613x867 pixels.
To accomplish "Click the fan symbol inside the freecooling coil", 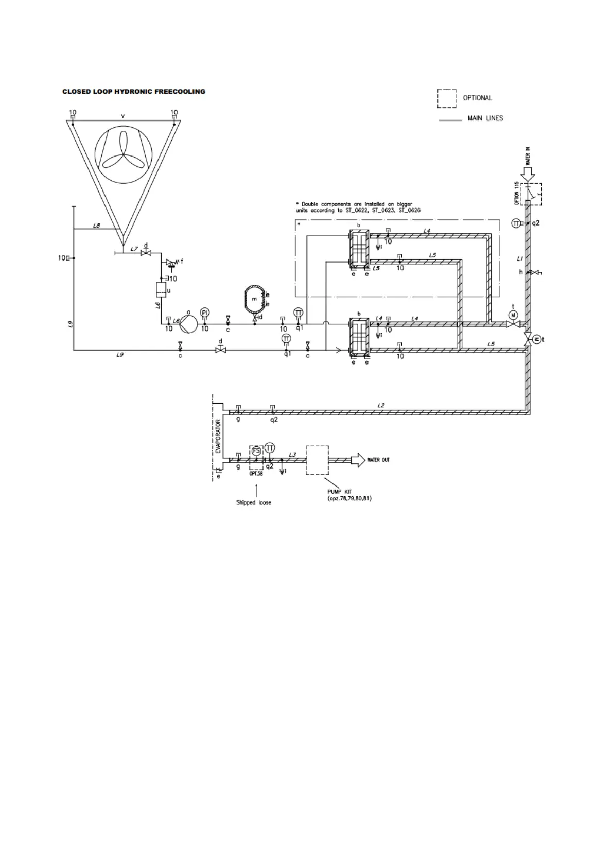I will click(122, 150).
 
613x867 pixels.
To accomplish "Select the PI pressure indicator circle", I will click(205, 313).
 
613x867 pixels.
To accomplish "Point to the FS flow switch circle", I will click(256, 450).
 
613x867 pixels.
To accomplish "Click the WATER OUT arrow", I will click(357, 460).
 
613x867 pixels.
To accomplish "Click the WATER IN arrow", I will click(528, 174).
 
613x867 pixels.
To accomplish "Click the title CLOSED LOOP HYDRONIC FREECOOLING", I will click(134, 92).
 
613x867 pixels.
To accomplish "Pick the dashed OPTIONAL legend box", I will click(446, 98).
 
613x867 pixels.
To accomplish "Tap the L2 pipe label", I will click(381, 406).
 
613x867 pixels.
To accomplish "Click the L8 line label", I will click(97, 225).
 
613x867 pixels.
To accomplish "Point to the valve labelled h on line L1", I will click(534, 272).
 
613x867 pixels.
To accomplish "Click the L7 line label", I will click(134, 249).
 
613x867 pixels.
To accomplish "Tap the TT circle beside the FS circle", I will click(270, 447).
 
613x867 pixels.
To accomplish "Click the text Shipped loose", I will click(253, 502).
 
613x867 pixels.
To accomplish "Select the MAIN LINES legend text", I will click(485, 118).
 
